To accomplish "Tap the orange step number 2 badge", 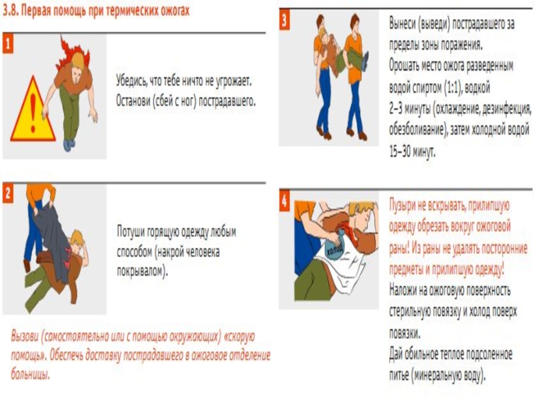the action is (x=8, y=194).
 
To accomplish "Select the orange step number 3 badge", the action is (x=284, y=20).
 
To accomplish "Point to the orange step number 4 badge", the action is (x=284, y=201).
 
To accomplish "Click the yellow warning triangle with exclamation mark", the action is (x=33, y=110).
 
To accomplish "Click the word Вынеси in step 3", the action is (x=403, y=23).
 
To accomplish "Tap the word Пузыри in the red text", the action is (x=403, y=206).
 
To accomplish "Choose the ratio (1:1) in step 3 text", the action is (x=453, y=88).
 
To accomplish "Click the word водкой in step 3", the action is (x=477, y=88).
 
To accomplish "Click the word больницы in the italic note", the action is (x=30, y=374).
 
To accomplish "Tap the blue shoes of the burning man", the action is (x=69, y=145).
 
